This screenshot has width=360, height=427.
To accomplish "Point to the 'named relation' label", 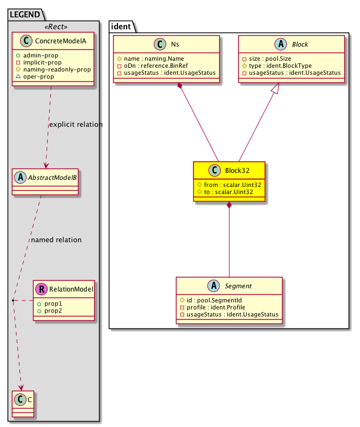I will click(56, 240).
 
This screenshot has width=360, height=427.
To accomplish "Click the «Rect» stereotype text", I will click(53, 27).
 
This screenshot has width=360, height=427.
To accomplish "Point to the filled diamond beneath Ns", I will click(179, 87).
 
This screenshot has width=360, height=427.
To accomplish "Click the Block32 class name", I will click(237, 170).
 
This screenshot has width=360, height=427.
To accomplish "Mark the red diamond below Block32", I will click(230, 205).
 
